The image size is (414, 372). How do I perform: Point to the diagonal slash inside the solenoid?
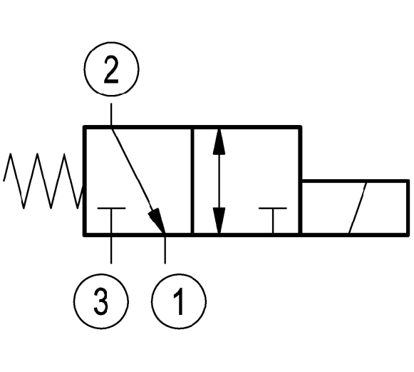click(x=358, y=208)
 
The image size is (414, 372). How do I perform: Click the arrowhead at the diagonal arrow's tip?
click(x=157, y=220)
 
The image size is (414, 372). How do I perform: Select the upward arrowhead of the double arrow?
click(x=219, y=141)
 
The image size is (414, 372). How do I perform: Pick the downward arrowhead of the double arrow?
click(x=219, y=220)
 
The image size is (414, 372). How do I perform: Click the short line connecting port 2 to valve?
click(x=111, y=114)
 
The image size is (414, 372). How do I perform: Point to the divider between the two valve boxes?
click(x=192, y=181)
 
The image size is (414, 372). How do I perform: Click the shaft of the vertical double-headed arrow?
click(x=219, y=181)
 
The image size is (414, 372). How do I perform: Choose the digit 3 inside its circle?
click(x=101, y=301)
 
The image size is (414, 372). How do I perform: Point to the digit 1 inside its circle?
click(x=179, y=301)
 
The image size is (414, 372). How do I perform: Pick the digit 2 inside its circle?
click(x=111, y=69)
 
